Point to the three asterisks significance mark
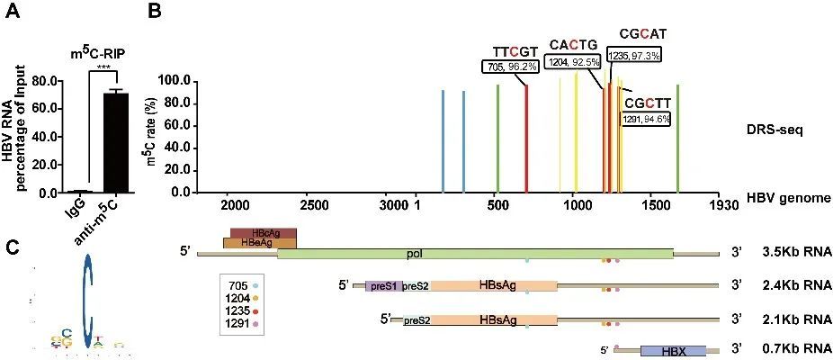coord(103,68)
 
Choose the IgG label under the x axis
coord(78,210)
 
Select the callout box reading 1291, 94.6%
coord(641,118)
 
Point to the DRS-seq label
coord(774,129)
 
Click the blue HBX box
coord(673,351)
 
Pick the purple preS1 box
coord(383,286)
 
